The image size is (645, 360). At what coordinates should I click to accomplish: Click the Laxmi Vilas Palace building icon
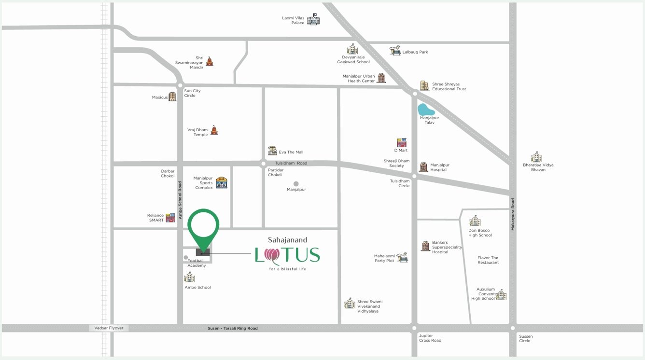(x=313, y=19)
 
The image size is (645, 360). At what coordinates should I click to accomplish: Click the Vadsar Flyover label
(x=109, y=328)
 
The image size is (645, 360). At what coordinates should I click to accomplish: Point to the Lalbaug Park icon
(x=395, y=51)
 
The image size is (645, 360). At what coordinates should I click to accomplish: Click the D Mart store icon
(x=402, y=142)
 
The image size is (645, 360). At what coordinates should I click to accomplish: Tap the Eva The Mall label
(x=291, y=152)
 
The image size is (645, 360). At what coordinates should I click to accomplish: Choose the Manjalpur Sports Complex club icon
(x=222, y=182)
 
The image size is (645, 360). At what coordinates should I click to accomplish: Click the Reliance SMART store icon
(x=170, y=218)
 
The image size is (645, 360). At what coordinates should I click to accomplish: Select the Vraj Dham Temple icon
(x=214, y=130)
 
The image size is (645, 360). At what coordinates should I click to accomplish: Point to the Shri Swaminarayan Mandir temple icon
(x=210, y=61)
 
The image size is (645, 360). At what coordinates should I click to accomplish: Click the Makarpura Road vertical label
(x=513, y=214)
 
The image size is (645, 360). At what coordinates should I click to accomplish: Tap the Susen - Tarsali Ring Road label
(x=233, y=329)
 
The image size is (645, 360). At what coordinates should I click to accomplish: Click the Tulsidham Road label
(x=291, y=163)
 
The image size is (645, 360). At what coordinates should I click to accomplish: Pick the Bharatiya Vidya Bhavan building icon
(x=536, y=157)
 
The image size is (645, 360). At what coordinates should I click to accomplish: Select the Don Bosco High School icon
(x=475, y=221)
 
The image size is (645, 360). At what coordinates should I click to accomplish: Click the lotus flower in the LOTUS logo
(x=272, y=256)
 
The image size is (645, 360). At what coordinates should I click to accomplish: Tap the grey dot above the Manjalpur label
(x=296, y=183)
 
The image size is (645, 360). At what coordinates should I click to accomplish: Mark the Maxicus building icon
(x=172, y=97)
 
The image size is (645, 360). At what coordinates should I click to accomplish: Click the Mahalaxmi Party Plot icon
(x=402, y=257)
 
